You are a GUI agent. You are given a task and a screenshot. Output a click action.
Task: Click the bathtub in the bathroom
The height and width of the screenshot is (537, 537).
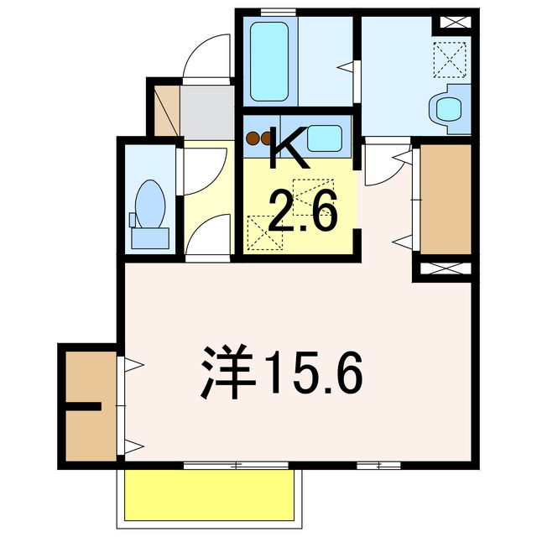270,61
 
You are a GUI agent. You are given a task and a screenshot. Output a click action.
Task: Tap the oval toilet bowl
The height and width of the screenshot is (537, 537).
151,204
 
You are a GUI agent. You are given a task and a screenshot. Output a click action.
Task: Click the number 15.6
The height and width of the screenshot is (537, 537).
315,372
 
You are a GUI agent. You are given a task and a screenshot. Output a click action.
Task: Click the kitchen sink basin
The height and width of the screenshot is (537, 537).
323,138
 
